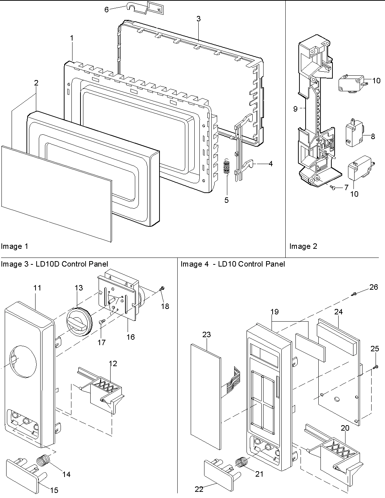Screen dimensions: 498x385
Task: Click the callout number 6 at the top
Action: (107, 9)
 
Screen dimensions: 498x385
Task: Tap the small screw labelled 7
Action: (332, 187)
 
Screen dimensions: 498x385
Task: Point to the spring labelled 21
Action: (242, 463)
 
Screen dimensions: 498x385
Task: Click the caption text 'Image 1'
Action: (15, 247)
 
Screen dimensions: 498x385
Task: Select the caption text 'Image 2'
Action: (303, 247)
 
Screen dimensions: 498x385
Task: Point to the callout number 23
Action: (206, 335)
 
